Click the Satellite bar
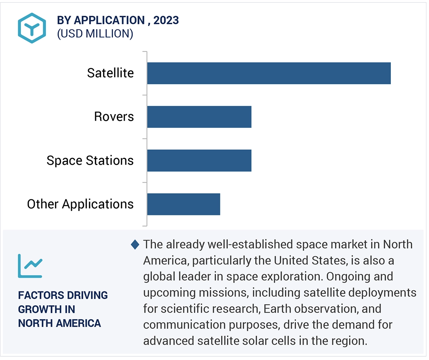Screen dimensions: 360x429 [x=269, y=73]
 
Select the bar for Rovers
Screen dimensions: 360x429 [x=199, y=117]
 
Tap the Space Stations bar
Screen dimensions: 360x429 [x=199, y=161]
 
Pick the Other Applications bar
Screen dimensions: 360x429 [x=183, y=204]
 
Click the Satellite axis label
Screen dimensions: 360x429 [x=110, y=73]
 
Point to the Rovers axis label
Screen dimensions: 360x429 [x=114, y=117]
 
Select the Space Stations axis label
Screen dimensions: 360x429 [x=90, y=160]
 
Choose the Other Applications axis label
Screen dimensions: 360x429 [x=80, y=204]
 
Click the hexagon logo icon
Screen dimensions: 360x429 [x=32, y=28]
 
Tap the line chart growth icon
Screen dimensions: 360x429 [x=30, y=266]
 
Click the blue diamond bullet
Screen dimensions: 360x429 [x=135, y=244]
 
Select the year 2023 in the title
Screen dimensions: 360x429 [x=166, y=20]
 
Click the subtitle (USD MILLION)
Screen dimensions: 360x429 [x=95, y=34]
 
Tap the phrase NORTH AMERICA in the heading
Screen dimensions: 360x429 [x=59, y=323]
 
